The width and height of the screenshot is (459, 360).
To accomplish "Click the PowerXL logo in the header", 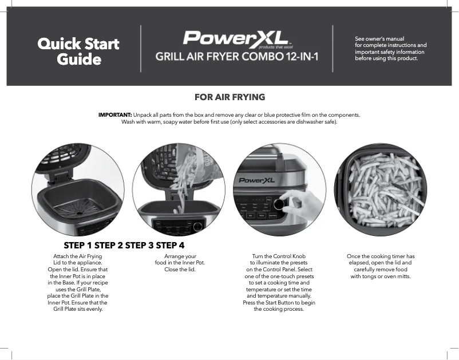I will (236, 39).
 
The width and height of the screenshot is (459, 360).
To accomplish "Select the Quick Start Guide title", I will (78, 52).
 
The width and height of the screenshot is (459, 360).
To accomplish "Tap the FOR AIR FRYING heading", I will (230, 97).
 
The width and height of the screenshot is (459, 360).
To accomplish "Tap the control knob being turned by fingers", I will (280, 204).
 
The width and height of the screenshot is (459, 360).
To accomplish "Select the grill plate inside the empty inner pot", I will (77, 206).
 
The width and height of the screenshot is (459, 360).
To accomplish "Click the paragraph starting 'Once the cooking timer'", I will (380, 266).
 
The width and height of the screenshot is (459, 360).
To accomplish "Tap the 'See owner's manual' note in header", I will (390, 49).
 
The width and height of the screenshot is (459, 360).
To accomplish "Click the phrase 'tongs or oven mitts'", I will (389, 276).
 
